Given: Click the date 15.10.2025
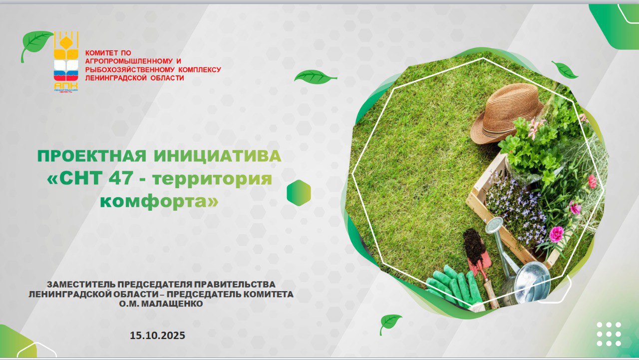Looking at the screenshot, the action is pos(157,336).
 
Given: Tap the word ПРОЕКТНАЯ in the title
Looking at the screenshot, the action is pos(91,156).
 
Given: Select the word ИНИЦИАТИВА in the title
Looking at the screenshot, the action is pos(218,156).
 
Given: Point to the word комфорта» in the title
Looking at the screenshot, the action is pos(159,201).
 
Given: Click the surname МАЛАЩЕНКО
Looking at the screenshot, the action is pos(172,304).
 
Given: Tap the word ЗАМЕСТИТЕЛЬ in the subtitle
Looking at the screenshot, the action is pos(81,285).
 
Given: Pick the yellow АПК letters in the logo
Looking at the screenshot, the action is pos(65,85).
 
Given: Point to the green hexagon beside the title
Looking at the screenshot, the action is pos(299,193).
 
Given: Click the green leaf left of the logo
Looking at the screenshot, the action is pos(35,45).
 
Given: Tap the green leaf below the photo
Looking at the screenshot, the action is pos(390,324).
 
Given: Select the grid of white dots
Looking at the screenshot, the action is pos(609,334).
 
